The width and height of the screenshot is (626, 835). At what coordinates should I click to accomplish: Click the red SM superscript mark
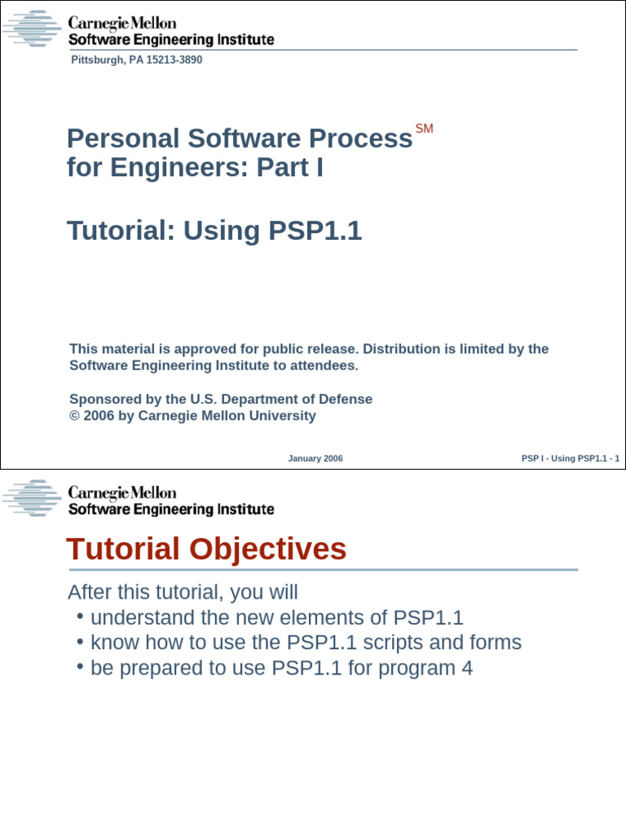point(424,129)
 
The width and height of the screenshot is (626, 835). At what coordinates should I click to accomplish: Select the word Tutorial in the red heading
point(123,549)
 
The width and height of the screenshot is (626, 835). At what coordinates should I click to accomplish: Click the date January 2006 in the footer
point(315,458)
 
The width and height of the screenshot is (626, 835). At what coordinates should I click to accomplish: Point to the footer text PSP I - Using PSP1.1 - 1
point(570,458)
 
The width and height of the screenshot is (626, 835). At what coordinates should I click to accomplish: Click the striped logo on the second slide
point(32,498)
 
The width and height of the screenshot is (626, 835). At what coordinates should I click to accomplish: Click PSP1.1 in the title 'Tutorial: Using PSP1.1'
point(315,231)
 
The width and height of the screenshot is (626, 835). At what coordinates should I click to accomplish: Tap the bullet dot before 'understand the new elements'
point(81,616)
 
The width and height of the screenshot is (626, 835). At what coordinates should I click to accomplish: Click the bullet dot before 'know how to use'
point(81,641)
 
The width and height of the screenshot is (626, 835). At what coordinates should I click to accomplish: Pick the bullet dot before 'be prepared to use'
point(81,666)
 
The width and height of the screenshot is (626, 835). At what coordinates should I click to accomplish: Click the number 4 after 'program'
point(467,669)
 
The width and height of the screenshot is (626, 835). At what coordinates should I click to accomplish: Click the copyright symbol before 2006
point(74,416)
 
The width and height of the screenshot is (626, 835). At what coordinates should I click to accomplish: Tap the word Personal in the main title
point(122,139)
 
